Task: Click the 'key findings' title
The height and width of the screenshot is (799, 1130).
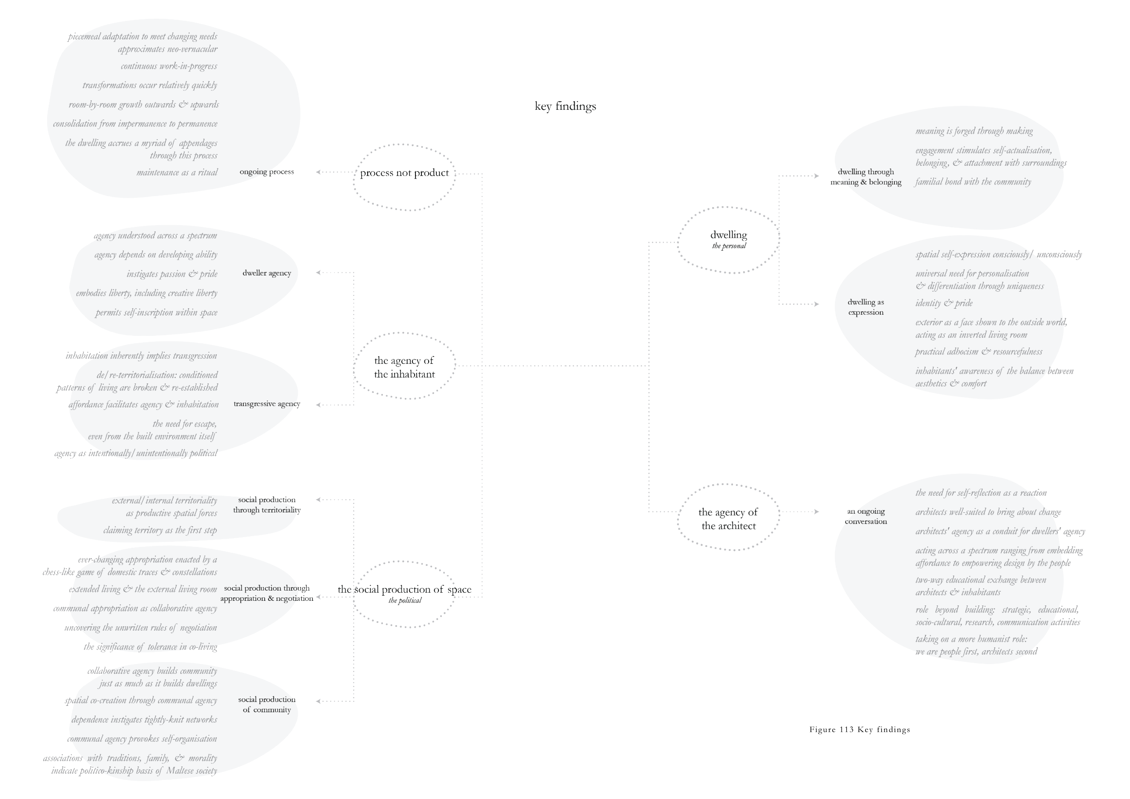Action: point(565,106)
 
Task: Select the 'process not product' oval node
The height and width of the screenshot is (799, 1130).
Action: point(404,173)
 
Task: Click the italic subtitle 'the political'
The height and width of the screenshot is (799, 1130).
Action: point(405,601)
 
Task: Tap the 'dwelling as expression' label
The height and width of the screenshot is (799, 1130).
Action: point(866,307)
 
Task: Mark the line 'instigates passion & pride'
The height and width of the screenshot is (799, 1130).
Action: point(172,274)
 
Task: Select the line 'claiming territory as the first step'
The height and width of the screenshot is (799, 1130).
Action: point(160,530)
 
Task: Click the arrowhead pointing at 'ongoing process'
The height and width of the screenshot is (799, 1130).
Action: point(318,172)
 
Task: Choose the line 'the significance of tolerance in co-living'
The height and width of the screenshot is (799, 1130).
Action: point(150,647)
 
